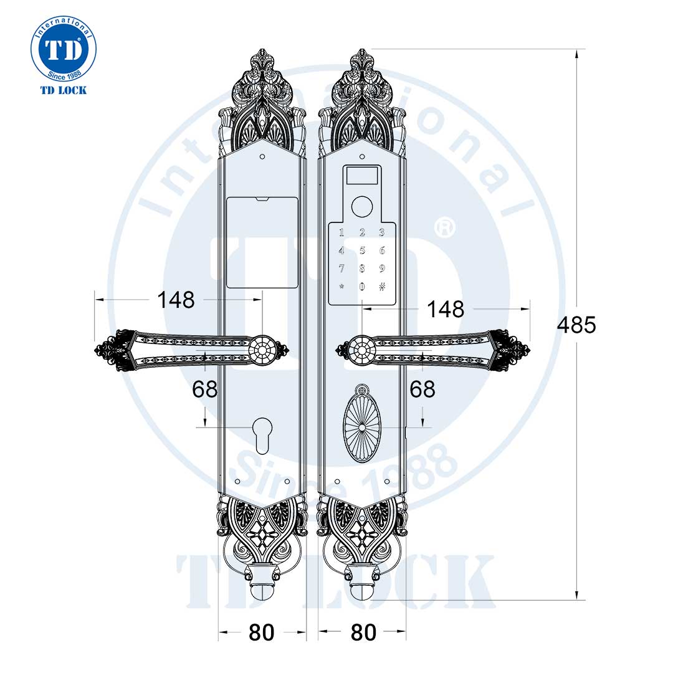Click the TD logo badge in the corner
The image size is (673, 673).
pos(63,50)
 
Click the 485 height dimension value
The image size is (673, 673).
pos(576,325)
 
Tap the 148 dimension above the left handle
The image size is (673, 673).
pos(176,300)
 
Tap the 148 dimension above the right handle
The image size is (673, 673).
pos(445,308)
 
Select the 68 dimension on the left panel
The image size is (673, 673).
pos(205,389)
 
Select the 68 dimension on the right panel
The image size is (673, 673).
pos(422,389)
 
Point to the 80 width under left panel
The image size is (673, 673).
pos(261,632)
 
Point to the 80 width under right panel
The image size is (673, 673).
pos(363,632)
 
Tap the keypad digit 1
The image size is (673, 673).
pos(341,234)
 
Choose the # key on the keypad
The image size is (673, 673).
pos(382,287)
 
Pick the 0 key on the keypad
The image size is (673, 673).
pos(361,287)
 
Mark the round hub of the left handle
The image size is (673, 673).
pos(262,350)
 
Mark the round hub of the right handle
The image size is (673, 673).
pos(361,350)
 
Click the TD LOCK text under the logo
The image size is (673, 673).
pos(63,90)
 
